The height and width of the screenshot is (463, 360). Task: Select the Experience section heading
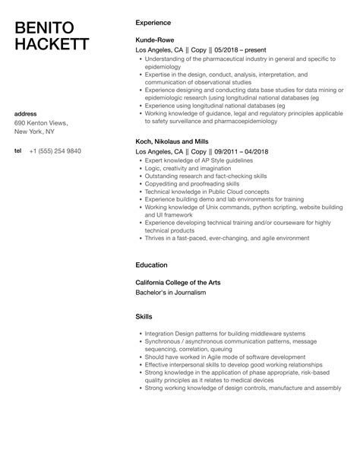pos(153,23)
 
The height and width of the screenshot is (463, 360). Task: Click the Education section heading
pos(151,266)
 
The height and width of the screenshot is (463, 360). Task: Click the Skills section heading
pos(144,316)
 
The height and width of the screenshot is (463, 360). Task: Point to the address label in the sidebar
pos(27,114)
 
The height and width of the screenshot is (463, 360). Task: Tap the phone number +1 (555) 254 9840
pos(55,151)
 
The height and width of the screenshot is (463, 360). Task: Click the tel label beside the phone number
pos(18,151)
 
